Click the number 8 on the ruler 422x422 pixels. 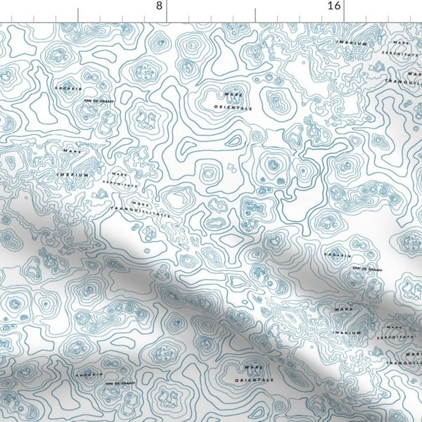(x=159, y=6)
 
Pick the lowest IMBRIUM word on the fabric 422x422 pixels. (x=344, y=332)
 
